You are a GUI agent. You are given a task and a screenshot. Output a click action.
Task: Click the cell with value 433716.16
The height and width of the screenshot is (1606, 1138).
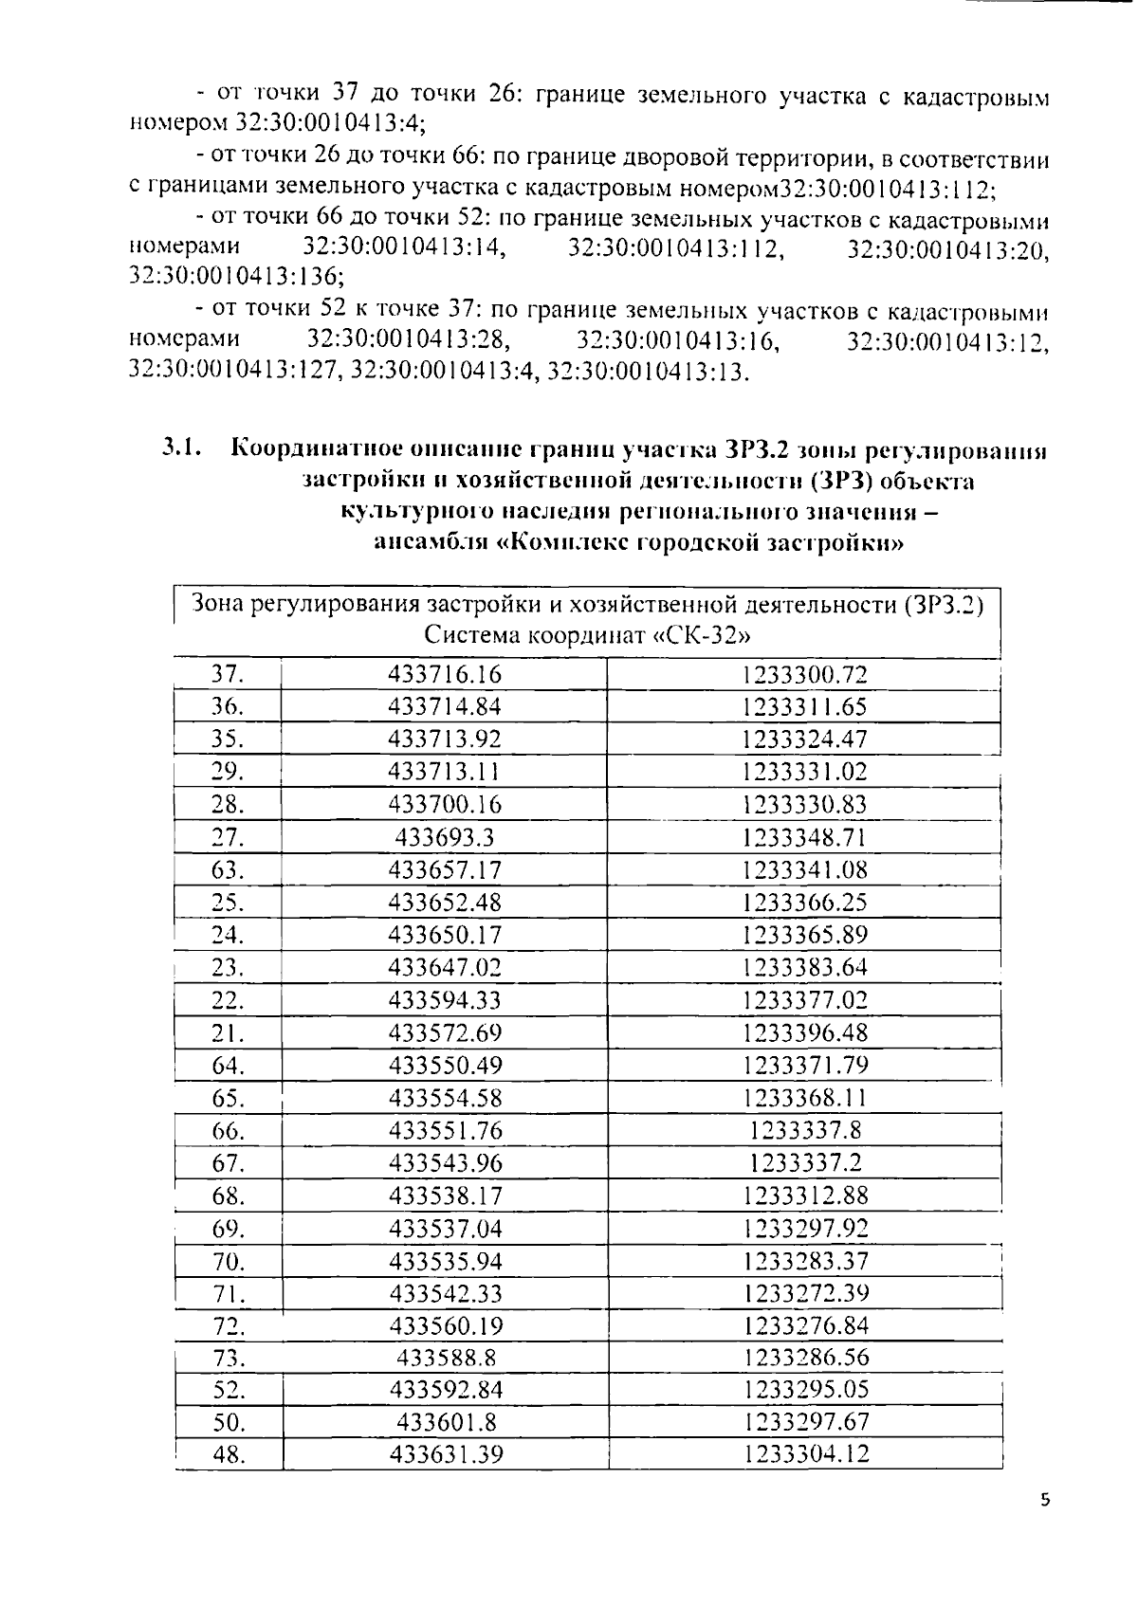pos(444,674)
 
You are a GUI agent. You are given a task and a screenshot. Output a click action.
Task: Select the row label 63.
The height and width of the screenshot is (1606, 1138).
pos(228,869)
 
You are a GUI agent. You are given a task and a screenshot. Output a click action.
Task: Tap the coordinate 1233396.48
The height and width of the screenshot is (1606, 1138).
pos(805,1032)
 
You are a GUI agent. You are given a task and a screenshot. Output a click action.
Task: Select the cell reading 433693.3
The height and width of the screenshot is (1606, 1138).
pos(444,837)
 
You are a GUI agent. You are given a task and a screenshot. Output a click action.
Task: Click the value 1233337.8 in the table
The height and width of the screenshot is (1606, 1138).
pos(805,1130)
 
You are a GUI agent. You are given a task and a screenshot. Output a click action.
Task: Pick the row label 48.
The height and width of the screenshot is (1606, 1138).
pos(229,1454)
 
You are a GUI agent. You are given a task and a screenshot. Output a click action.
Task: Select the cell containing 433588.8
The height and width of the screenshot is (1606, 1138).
pos(446,1358)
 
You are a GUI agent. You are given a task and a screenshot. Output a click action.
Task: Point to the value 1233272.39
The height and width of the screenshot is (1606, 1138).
pos(806,1293)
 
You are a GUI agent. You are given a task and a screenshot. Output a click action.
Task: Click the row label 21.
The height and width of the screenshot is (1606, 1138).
pos(228,1032)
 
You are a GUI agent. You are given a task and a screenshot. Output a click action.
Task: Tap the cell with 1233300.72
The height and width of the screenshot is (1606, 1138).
pos(804,675)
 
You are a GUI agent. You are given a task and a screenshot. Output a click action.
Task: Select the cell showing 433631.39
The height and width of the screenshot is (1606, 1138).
pos(446,1454)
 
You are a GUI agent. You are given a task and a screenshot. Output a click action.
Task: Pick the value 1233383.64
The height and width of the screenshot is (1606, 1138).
pos(805,967)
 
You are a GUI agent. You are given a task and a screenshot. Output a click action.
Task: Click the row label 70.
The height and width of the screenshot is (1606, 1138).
pos(229,1261)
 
